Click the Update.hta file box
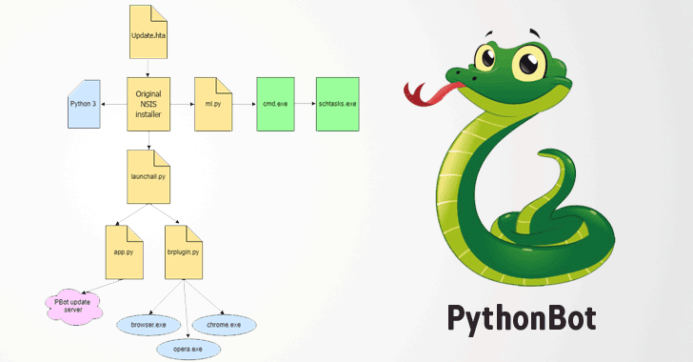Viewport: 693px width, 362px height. click(148, 30)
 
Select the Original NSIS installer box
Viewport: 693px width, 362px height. click(148, 102)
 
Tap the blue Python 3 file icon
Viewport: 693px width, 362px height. click(84, 103)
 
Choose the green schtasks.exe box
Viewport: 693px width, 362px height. click(336, 103)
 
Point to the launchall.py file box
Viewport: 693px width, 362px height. click(148, 173)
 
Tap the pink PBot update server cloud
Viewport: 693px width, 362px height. click(71, 306)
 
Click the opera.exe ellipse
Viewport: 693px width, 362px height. click(188, 350)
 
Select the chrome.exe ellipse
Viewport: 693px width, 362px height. click(225, 325)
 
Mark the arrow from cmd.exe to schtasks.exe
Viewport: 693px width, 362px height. click(300, 103)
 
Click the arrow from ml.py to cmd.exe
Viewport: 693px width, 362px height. click(239, 103)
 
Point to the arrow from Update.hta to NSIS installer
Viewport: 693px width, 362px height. click(148, 67)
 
